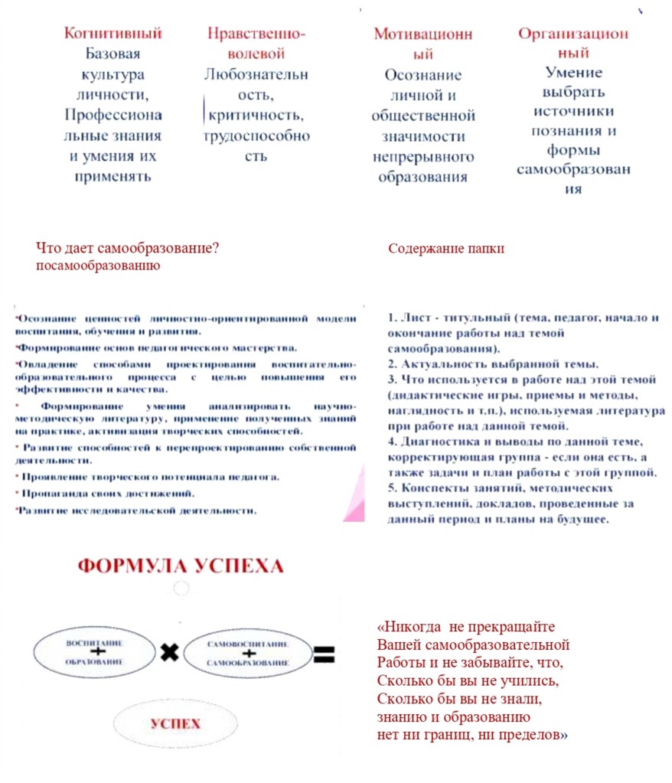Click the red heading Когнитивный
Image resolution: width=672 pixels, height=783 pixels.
113,34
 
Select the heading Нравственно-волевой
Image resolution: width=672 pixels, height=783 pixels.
256,44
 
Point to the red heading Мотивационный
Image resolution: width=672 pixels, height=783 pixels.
422,44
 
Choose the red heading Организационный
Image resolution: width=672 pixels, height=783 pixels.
573,44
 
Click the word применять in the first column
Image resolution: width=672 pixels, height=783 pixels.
113,176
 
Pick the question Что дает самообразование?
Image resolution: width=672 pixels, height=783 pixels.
128,248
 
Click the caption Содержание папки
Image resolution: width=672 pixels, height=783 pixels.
446,249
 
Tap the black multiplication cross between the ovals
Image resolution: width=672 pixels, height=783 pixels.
169,652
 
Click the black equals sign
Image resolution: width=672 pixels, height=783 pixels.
324,653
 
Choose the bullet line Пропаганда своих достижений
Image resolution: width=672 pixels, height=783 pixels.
106,494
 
